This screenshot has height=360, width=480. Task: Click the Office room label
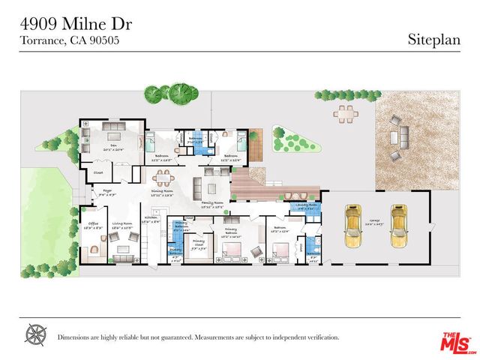pyautogui.click(x=94, y=223)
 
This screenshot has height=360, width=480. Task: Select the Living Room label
pyautogui.click(x=122, y=223)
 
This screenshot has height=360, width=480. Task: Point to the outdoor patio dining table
pyautogui.click(x=344, y=113)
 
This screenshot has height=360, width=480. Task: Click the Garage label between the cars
pyautogui.click(x=375, y=221)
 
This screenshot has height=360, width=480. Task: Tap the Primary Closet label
pyautogui.click(x=198, y=244)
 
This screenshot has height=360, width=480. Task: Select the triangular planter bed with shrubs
pyautogui.click(x=286, y=138)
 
